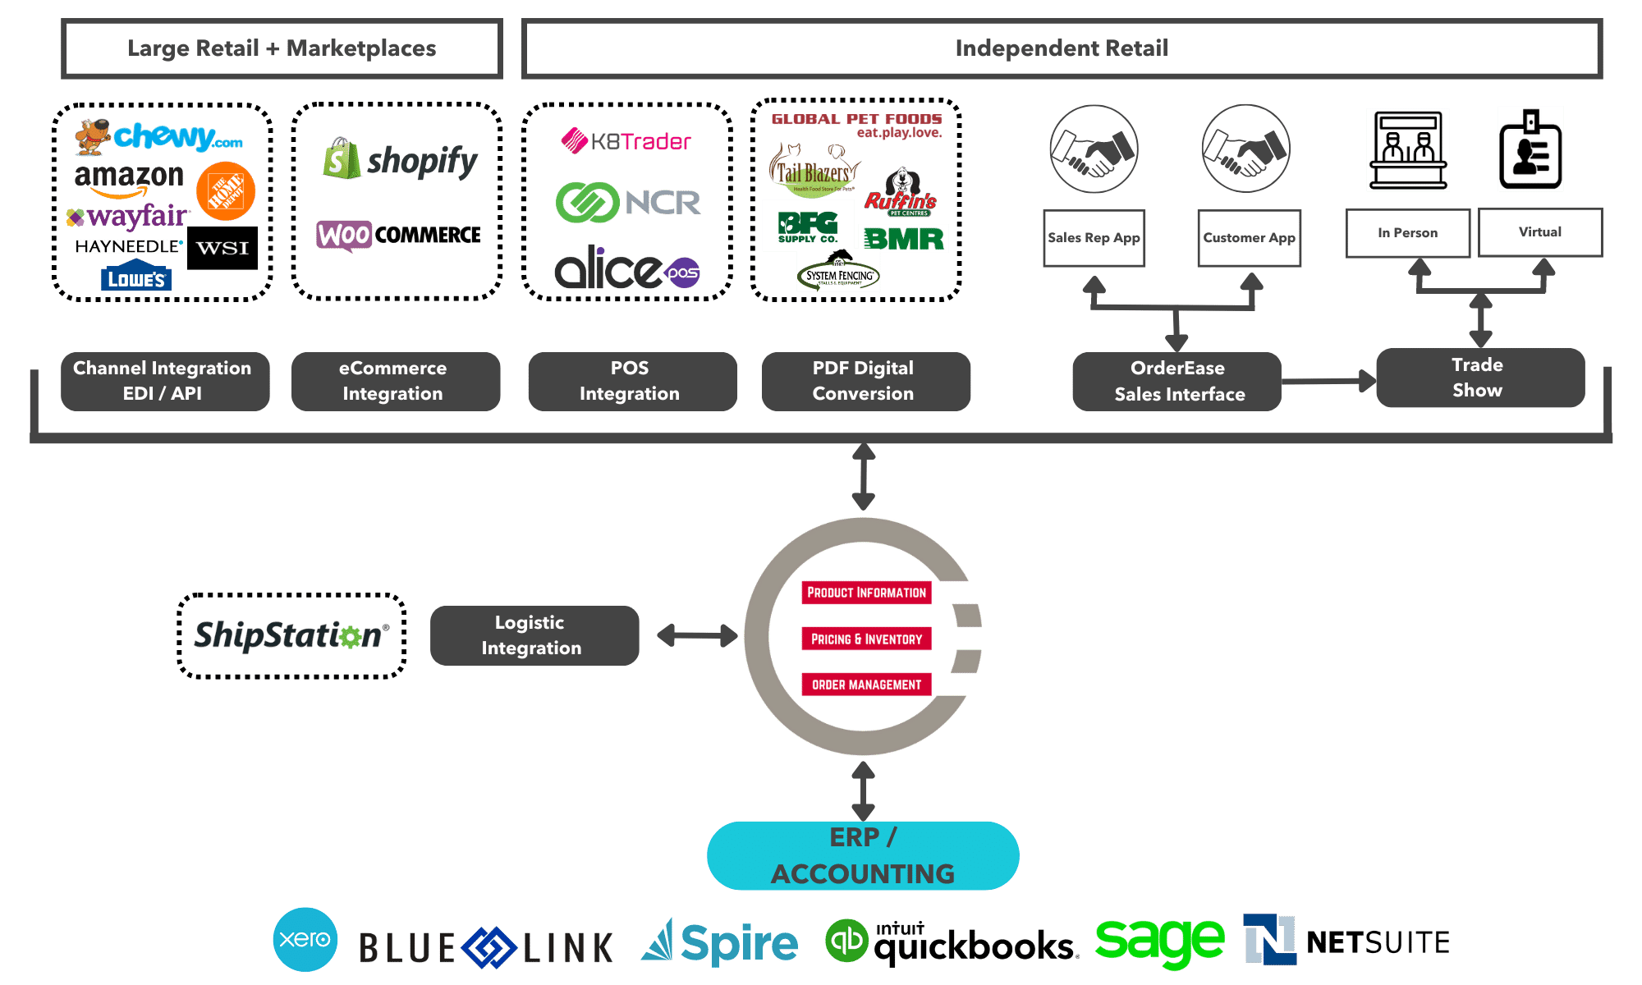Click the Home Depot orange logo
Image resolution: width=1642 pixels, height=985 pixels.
(x=226, y=191)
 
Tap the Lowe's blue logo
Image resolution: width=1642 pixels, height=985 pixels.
(x=136, y=278)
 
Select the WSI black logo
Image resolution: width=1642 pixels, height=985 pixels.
(x=222, y=248)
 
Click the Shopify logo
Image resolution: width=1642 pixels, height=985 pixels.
(x=400, y=160)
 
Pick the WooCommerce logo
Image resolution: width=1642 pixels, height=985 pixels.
(x=399, y=236)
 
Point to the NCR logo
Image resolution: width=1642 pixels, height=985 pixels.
(x=629, y=202)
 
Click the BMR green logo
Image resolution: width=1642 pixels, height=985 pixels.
(x=904, y=239)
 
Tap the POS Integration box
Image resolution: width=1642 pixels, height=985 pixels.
(x=630, y=381)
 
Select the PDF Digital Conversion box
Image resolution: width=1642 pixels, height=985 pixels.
(x=864, y=381)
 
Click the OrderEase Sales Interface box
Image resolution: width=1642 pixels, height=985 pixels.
(x=1178, y=382)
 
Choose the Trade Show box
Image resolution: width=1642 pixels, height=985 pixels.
(x=1478, y=378)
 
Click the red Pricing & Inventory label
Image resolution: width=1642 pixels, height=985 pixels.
(x=866, y=639)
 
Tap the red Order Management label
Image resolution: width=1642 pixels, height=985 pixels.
(x=866, y=685)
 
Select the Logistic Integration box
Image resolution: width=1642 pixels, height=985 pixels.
(x=532, y=635)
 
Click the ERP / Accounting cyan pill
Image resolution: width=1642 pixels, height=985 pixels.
(x=863, y=855)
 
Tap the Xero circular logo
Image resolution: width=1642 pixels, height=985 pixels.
(x=305, y=939)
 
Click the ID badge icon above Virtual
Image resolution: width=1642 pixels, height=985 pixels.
(x=1530, y=149)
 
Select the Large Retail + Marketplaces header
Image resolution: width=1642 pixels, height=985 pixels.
(x=282, y=48)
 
